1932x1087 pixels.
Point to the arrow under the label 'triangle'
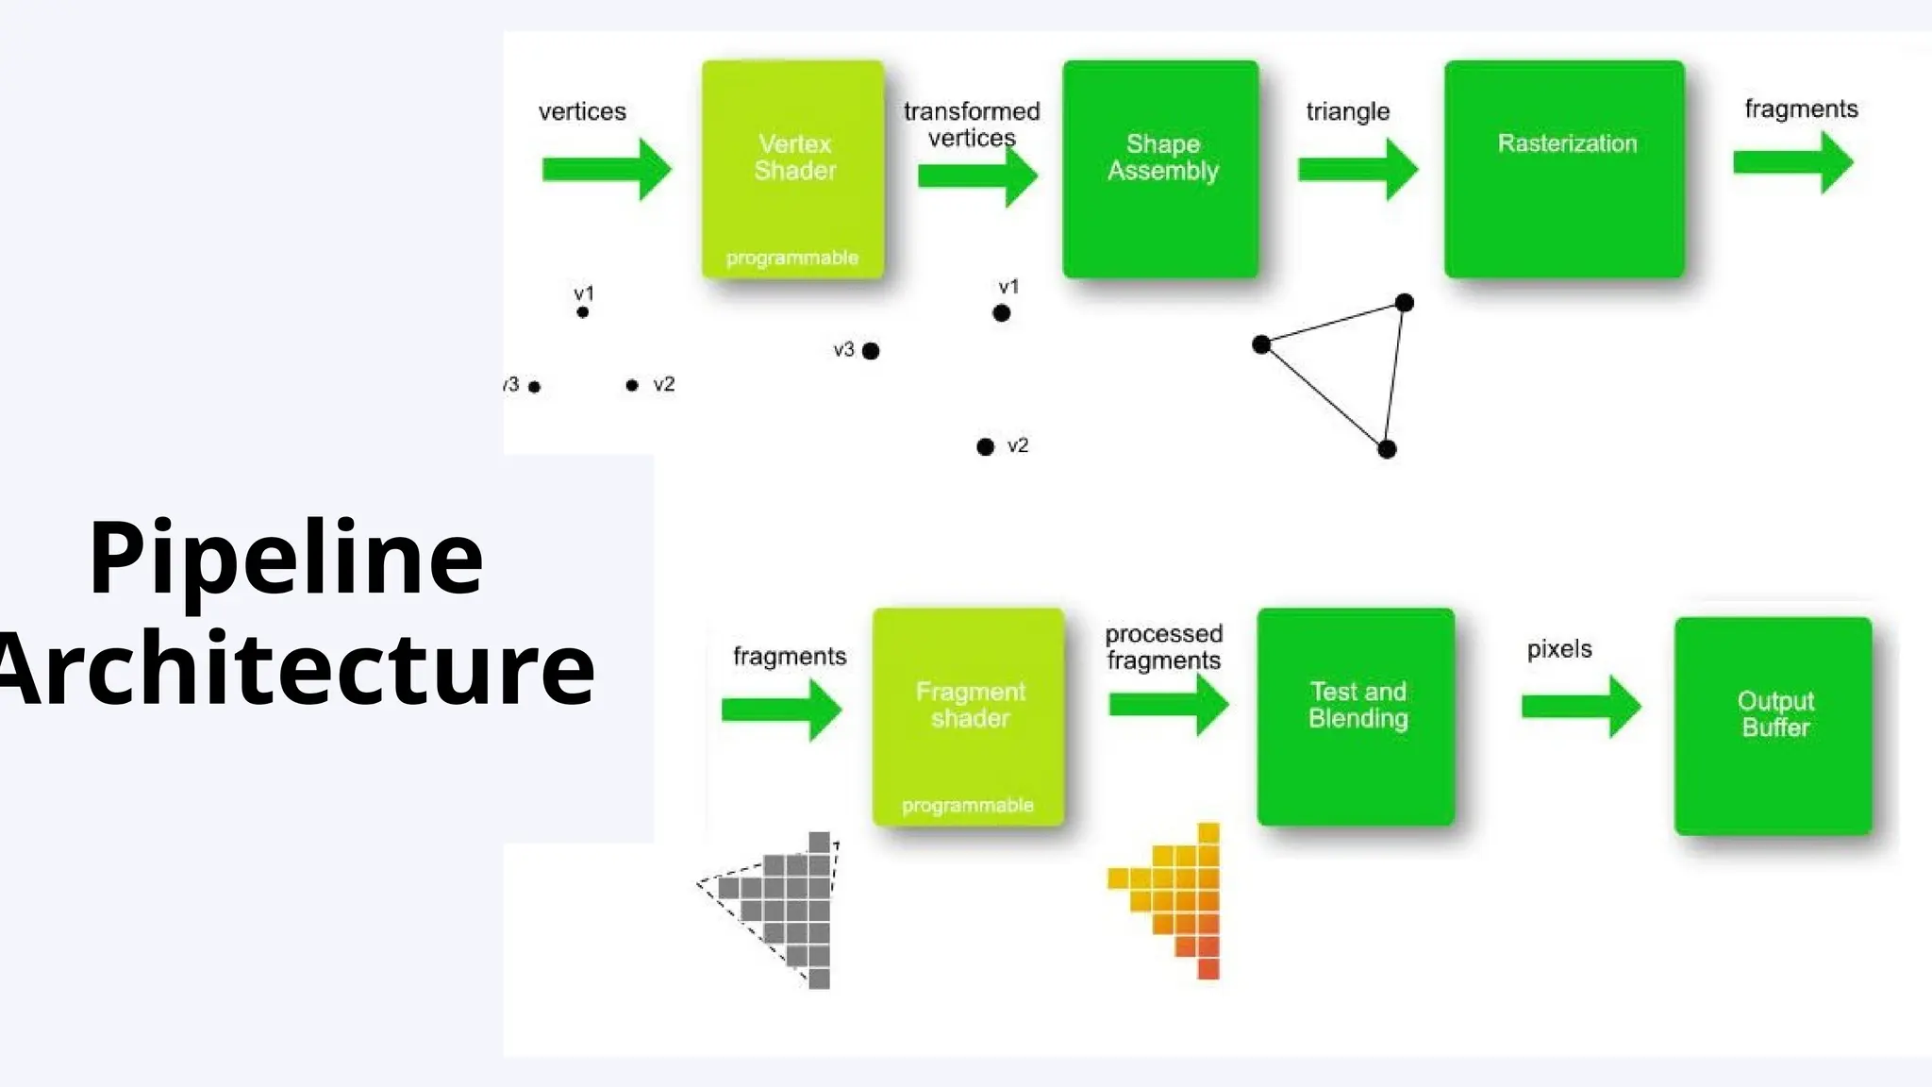(1357, 169)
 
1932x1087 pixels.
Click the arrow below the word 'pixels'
(1581, 706)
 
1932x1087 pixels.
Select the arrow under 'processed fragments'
(1168, 704)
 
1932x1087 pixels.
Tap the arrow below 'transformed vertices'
(977, 176)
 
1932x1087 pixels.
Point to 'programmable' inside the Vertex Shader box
(792, 258)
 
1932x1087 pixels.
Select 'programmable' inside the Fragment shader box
(968, 805)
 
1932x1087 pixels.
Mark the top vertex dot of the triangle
(1404, 303)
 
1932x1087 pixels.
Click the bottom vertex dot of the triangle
(1387, 449)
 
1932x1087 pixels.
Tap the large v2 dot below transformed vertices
(985, 446)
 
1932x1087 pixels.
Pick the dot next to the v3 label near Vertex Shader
(871, 351)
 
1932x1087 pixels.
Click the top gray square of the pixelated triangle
(819, 842)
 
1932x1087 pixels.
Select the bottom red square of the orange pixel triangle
(1208, 968)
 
